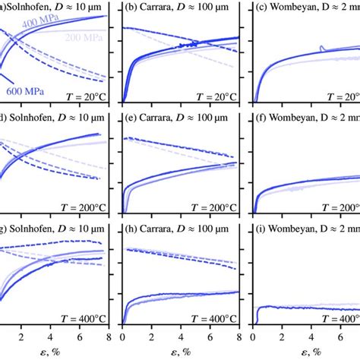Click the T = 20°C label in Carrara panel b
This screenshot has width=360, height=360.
click(x=214, y=96)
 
